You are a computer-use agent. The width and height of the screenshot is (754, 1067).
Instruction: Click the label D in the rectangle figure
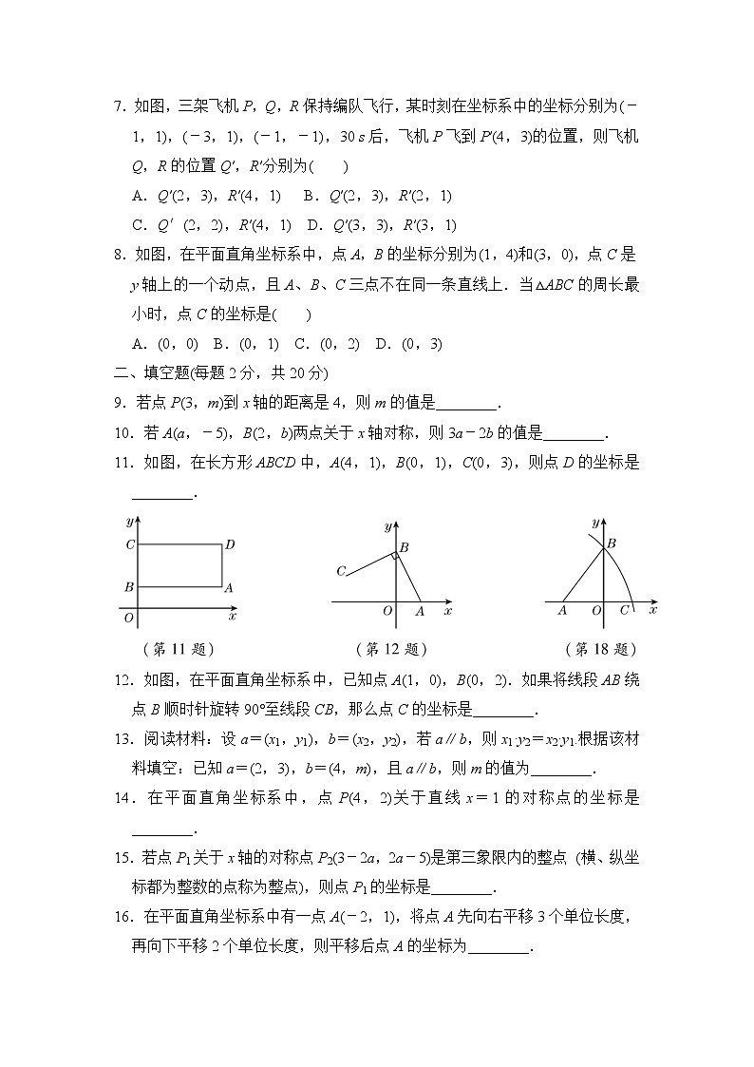[x=230, y=545]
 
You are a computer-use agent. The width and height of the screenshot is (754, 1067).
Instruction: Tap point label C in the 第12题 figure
[x=340, y=571]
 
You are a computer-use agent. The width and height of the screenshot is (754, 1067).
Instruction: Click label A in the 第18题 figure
[x=562, y=611]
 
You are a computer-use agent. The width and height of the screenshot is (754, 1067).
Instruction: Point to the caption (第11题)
[x=177, y=649]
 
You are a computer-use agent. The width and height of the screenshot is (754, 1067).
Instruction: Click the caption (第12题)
[x=390, y=649]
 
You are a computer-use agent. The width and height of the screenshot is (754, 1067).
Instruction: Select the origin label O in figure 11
[x=128, y=618]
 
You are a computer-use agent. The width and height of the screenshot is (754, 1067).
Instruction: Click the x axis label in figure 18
[x=652, y=610]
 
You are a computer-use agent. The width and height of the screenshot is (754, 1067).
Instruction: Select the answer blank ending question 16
[x=500, y=947]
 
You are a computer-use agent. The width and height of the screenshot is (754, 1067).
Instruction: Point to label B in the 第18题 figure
[x=613, y=543]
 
